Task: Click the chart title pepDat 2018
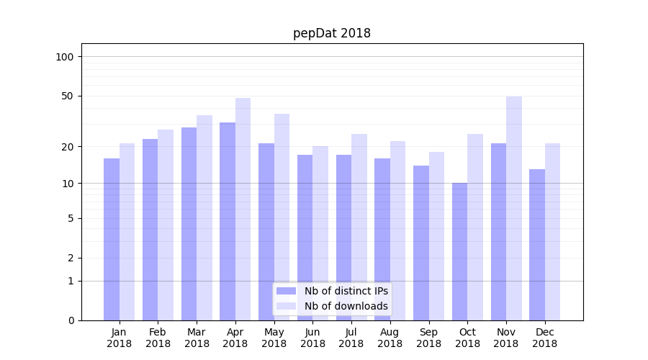click(331, 33)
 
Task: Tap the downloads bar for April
click(243, 209)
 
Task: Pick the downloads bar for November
click(513, 208)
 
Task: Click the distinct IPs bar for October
click(459, 251)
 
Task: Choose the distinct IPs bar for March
click(189, 223)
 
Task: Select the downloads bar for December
click(552, 231)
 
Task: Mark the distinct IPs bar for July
click(343, 237)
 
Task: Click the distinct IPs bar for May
click(266, 231)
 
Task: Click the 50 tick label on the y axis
click(67, 96)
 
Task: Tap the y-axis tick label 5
click(70, 218)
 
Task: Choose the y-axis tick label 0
click(70, 320)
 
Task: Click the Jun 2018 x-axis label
click(312, 338)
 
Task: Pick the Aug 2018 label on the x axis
click(390, 338)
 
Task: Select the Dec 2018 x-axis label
click(544, 338)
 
